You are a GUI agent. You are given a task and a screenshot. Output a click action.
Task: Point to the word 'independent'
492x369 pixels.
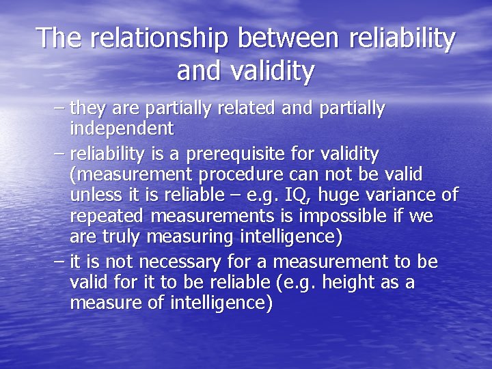pos(122,128)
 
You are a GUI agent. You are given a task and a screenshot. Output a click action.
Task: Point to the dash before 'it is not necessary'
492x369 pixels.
pos(59,262)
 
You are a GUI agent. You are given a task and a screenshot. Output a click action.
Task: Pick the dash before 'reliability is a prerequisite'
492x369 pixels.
pos(59,152)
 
